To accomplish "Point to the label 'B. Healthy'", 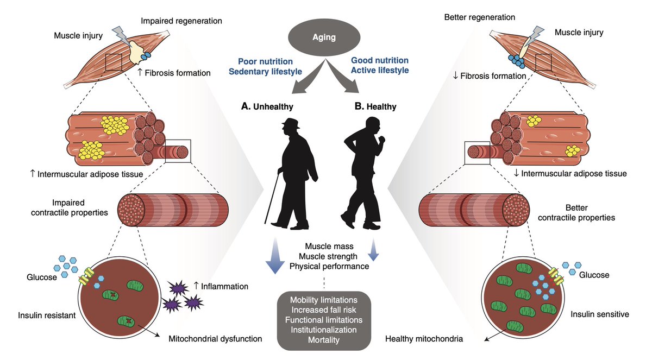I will click(375, 106).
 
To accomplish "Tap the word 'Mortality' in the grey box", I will click(324, 340).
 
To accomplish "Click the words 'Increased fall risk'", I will click(324, 310).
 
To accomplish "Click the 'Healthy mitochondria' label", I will click(424, 339).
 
